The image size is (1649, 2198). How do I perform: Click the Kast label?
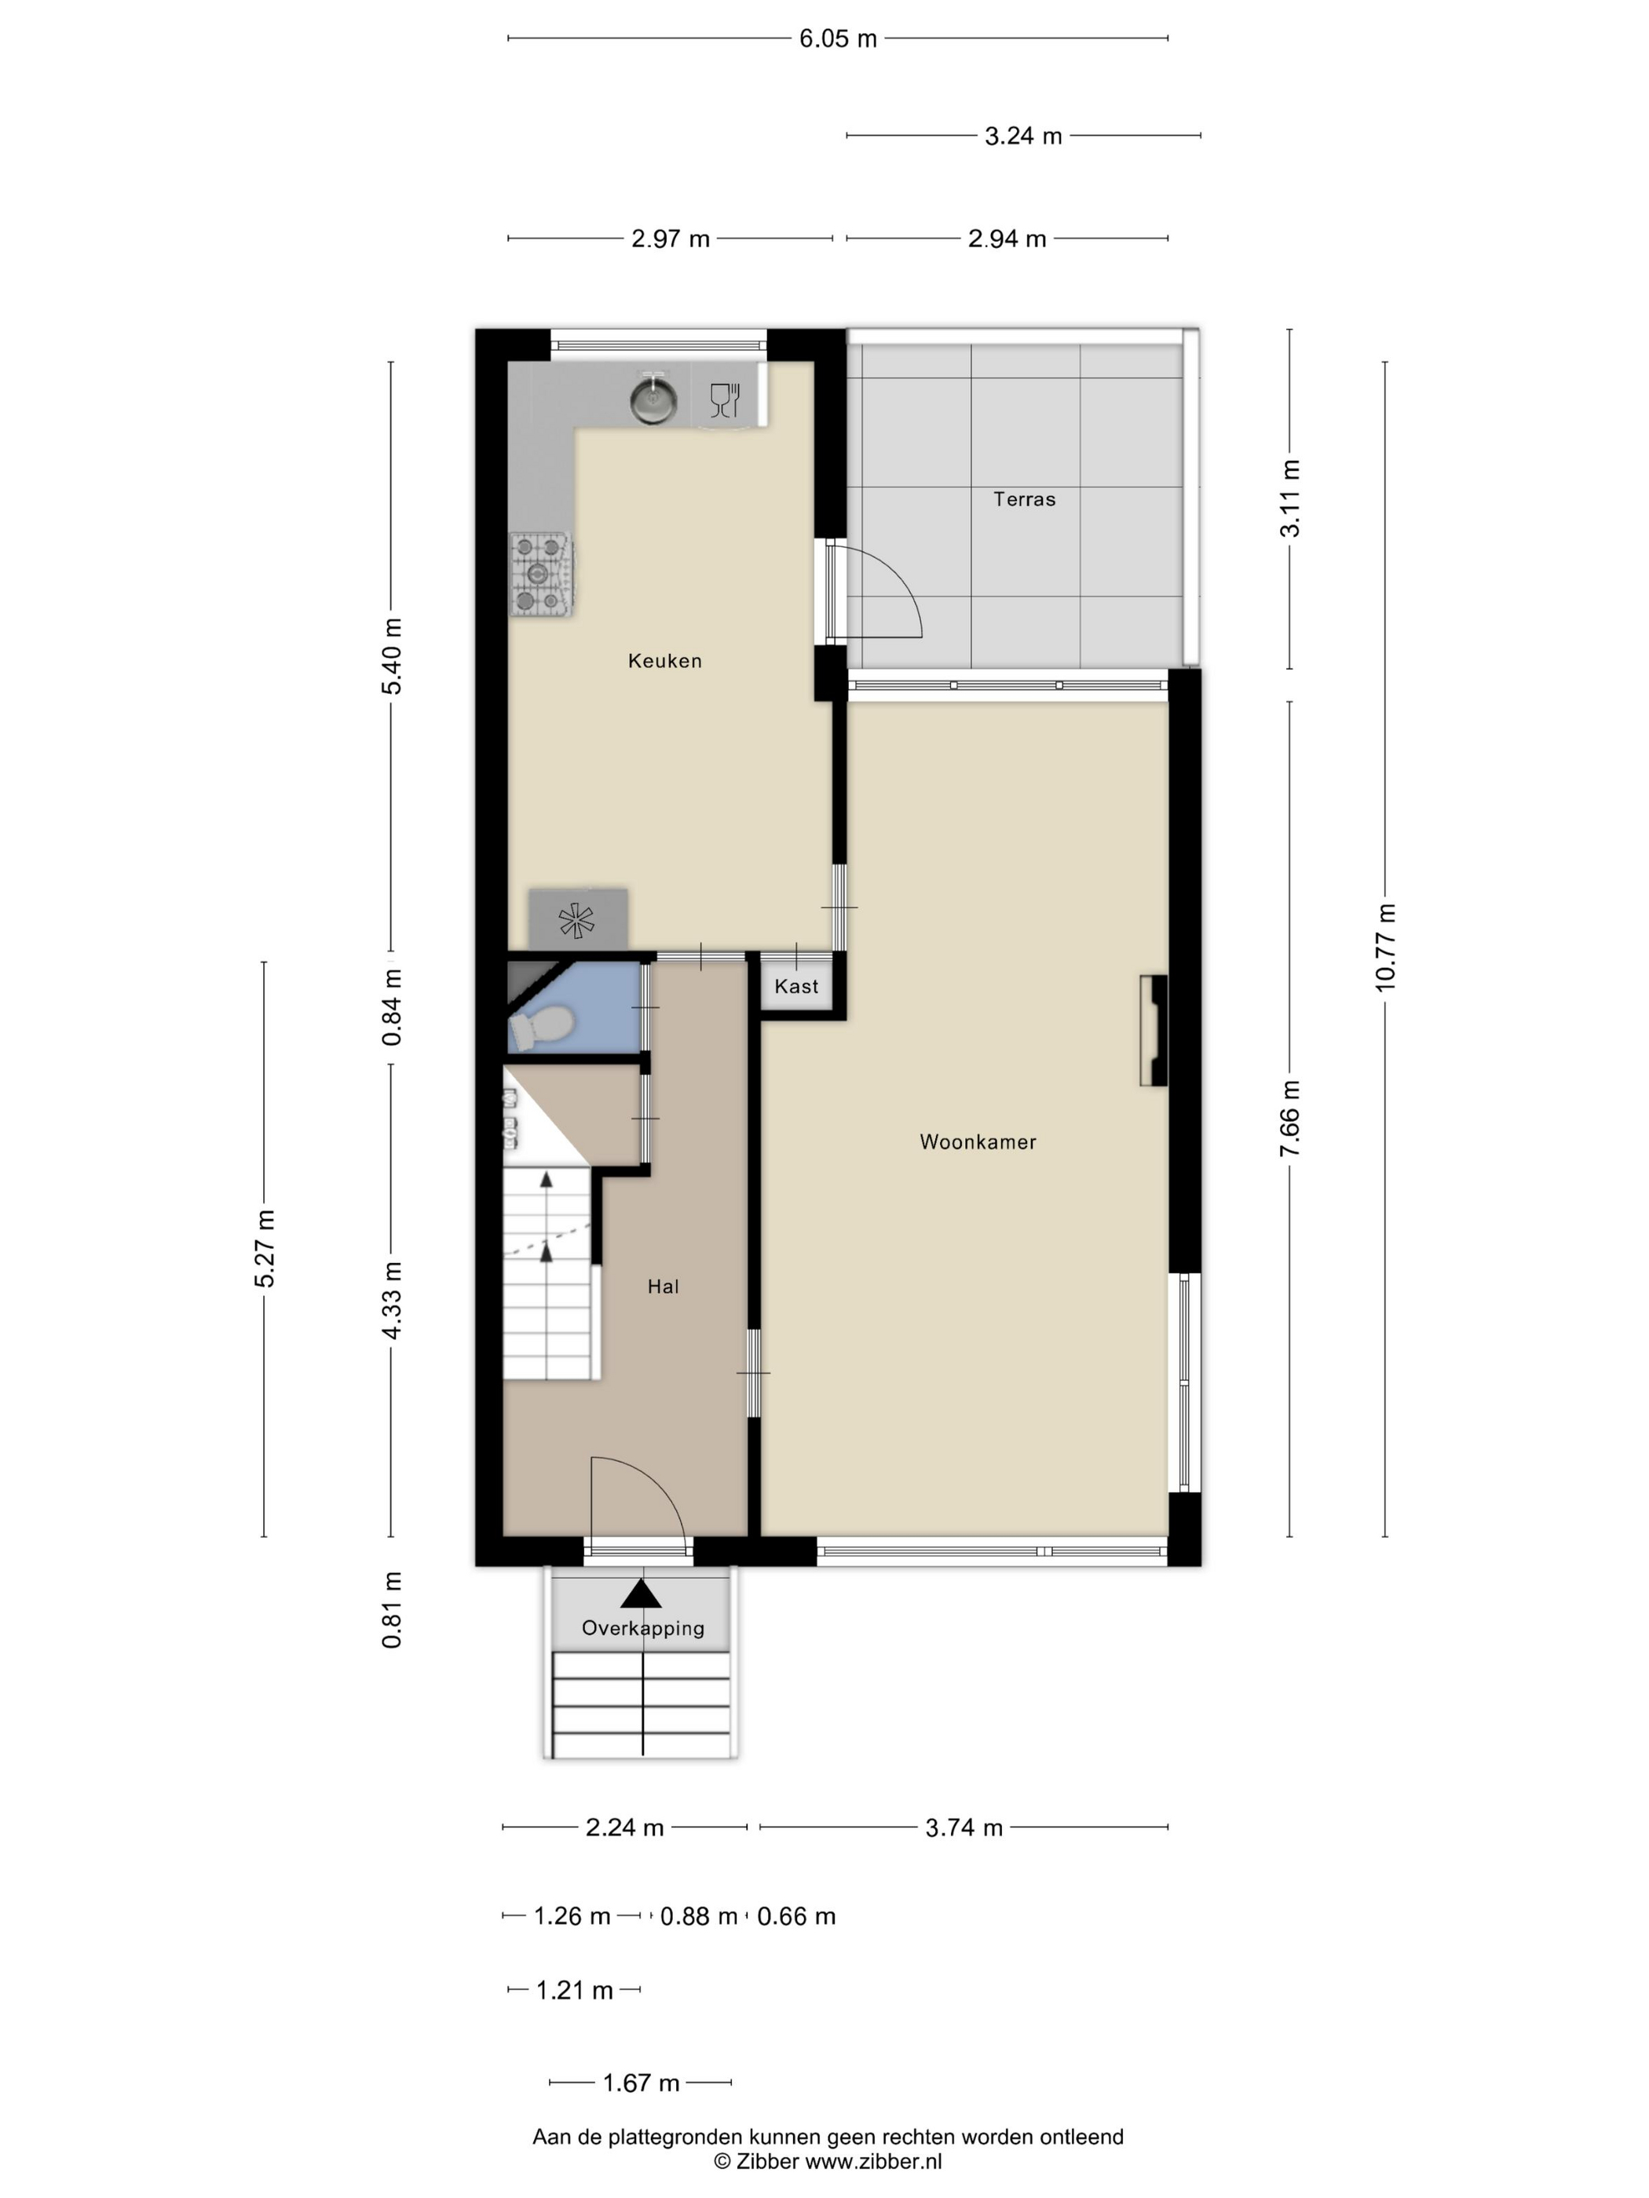point(796,986)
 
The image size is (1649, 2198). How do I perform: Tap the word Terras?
point(1024,498)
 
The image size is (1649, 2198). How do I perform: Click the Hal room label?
point(663,1286)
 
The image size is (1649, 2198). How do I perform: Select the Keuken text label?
point(665,661)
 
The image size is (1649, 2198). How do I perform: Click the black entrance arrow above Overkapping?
point(641,1593)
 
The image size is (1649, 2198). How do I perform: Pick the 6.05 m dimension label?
point(838,38)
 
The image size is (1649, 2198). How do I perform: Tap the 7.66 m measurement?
point(1290,1119)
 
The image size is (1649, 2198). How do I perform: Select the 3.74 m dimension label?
point(964,1827)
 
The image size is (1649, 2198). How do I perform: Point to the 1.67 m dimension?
point(641,2082)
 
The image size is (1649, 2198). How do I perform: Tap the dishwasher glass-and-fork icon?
point(726,400)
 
